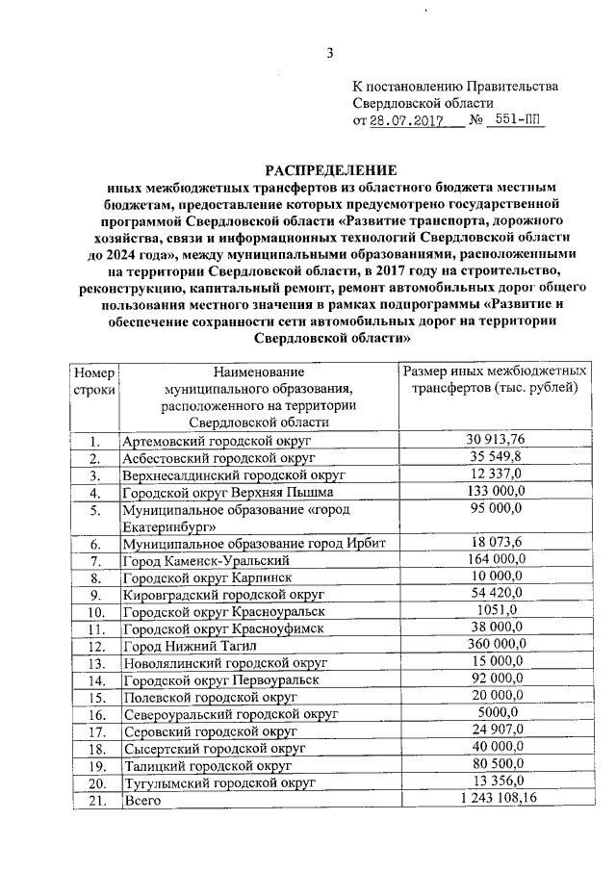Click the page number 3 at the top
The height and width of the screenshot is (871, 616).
pyautogui.click(x=329, y=53)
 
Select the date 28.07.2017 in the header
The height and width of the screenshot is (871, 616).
pyautogui.click(x=403, y=121)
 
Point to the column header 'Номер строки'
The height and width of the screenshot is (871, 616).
pyautogui.click(x=94, y=380)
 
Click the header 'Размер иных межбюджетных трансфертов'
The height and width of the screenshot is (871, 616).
pyautogui.click(x=495, y=379)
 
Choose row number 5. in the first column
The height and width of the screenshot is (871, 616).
pyautogui.click(x=95, y=509)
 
